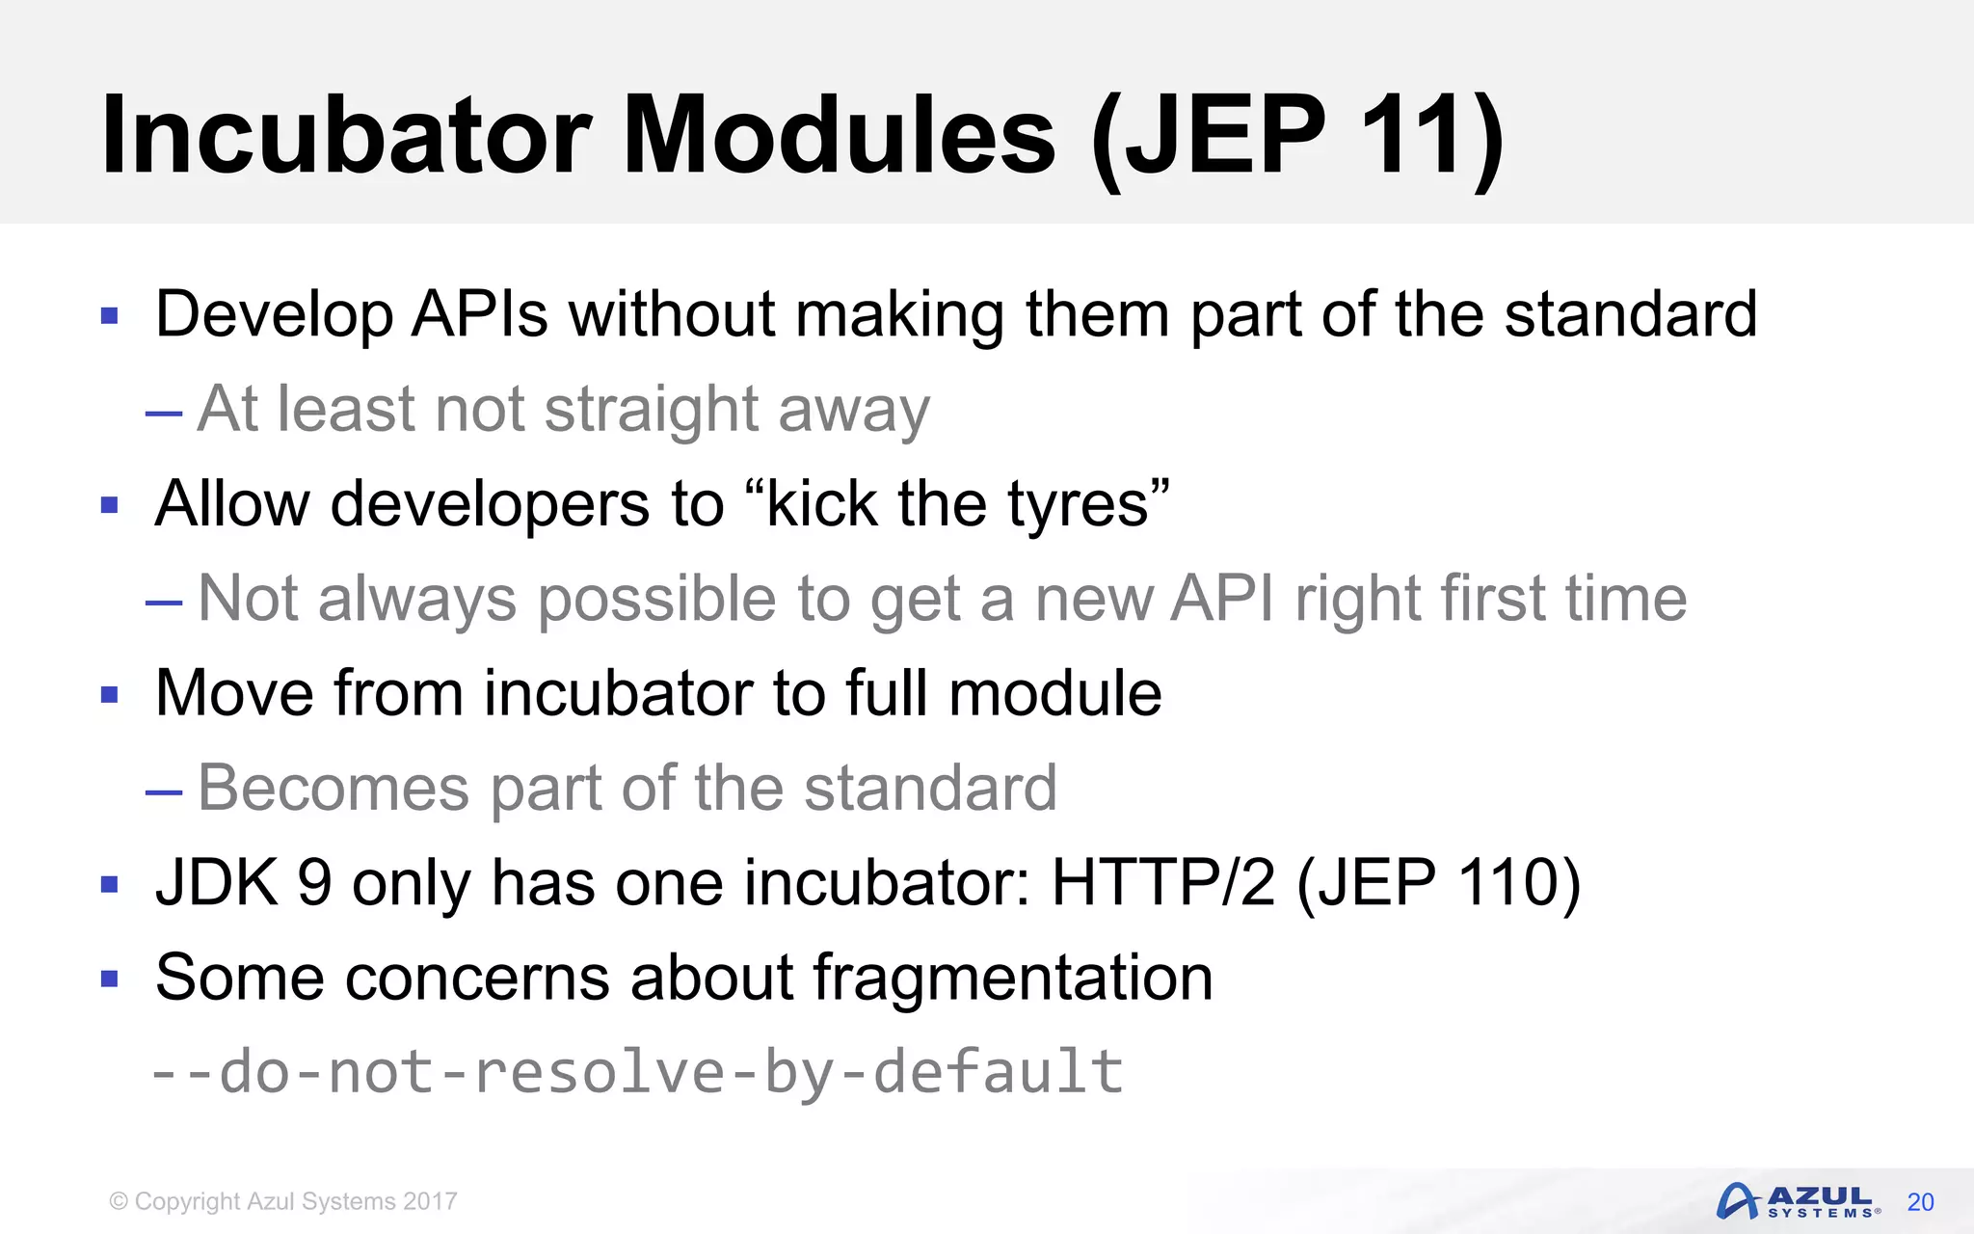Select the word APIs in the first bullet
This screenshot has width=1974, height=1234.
point(479,314)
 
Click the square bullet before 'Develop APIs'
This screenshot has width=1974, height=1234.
point(110,315)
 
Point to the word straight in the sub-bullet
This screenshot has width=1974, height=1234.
point(651,409)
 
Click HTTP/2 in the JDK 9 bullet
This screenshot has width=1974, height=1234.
point(1162,882)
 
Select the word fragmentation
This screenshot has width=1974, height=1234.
point(1012,978)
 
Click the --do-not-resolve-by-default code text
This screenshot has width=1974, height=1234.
point(637,1072)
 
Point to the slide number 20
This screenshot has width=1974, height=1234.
point(1920,1202)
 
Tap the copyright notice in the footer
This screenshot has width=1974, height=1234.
point(283,1202)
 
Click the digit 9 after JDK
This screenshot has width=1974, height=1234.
point(314,882)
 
